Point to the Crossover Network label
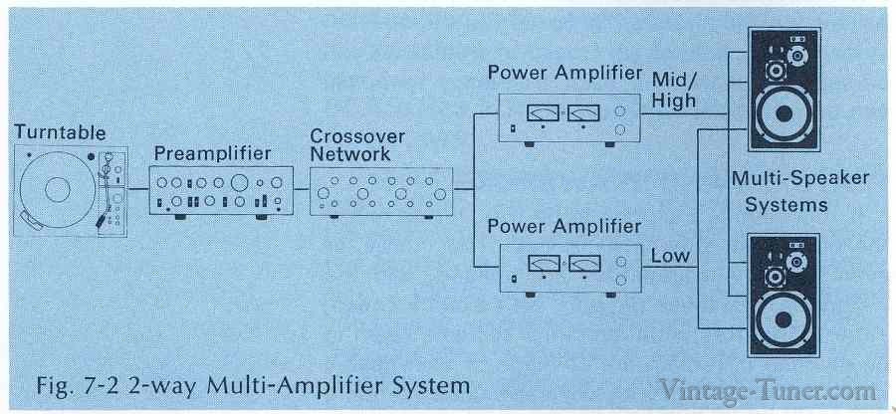pyautogui.click(x=349, y=145)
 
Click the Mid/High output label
pyautogui.click(x=675, y=89)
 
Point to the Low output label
pyautogui.click(x=669, y=256)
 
